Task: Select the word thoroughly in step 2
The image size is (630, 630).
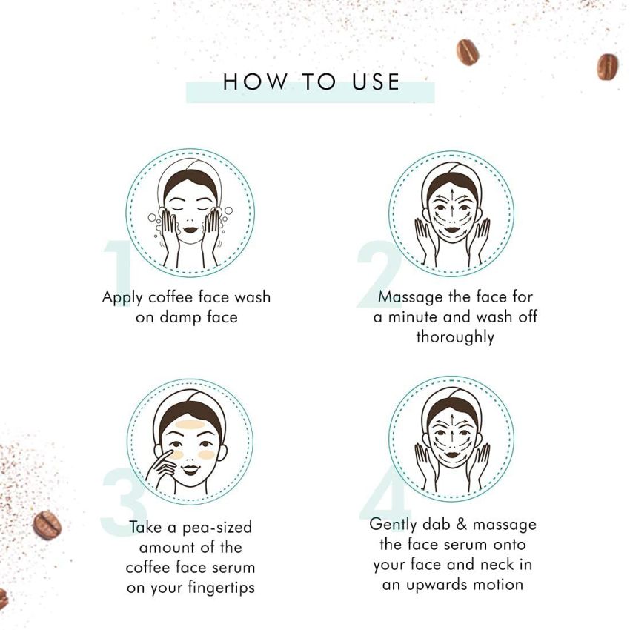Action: click(454, 337)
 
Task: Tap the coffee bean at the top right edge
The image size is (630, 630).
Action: click(608, 66)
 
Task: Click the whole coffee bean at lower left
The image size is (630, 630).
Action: click(47, 525)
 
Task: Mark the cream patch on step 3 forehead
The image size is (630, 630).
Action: click(190, 425)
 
